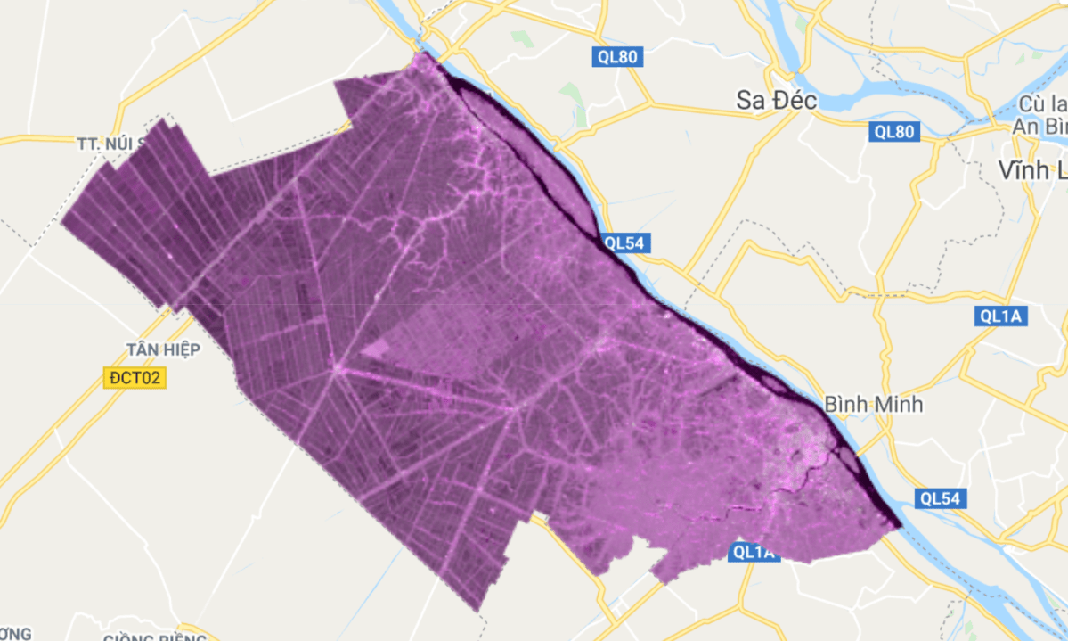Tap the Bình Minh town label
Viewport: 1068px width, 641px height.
tap(874, 404)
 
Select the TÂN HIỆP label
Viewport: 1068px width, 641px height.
tap(162, 349)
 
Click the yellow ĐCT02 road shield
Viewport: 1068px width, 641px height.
tap(133, 378)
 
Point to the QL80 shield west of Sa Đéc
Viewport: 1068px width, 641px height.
tap(617, 58)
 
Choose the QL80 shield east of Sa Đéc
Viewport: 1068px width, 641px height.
tap(893, 132)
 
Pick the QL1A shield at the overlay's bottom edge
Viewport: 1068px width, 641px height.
tap(754, 553)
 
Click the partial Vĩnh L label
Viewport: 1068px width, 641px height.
tap(1033, 169)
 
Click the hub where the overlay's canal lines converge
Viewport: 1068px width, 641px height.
tap(338, 368)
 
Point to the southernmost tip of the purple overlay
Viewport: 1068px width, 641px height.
tap(480, 612)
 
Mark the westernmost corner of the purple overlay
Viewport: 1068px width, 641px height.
tap(61, 220)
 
